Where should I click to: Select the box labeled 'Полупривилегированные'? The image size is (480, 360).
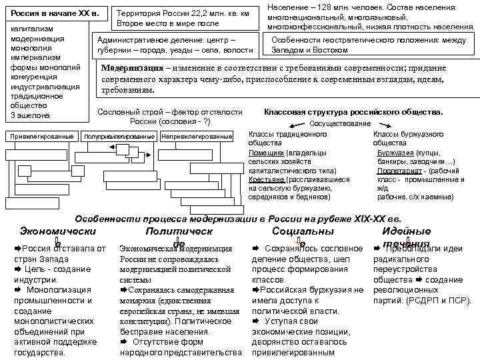[x=119, y=137]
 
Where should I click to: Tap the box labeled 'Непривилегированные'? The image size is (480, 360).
[x=197, y=137]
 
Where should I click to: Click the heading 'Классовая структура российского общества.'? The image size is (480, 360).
[x=354, y=112]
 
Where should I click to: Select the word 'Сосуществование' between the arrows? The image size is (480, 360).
[x=341, y=123]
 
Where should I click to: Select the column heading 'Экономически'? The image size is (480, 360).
[x=58, y=231]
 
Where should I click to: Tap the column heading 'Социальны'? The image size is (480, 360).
[x=303, y=231]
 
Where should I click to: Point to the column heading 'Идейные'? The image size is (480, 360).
[x=407, y=231]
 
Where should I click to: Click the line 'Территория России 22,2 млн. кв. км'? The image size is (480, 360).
[x=183, y=13]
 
